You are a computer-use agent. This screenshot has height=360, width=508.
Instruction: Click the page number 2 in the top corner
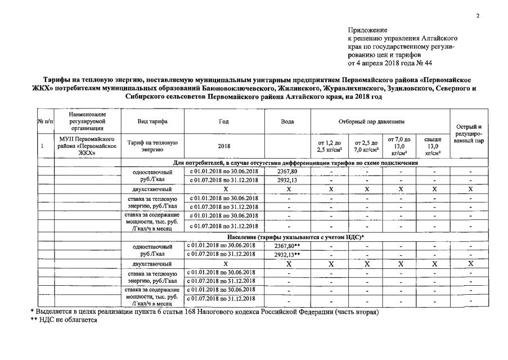point(478,16)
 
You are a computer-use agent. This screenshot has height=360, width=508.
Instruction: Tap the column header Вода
point(287,121)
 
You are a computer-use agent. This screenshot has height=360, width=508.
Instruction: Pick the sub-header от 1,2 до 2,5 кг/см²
point(330,146)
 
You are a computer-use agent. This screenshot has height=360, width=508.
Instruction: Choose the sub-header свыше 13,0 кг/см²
point(433,146)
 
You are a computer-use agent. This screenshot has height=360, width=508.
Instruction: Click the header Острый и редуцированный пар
point(470,133)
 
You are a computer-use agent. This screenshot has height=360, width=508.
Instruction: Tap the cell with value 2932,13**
point(288,254)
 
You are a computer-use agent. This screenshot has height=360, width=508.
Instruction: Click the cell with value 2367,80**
point(288,246)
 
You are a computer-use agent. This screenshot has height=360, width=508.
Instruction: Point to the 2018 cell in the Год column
point(224,146)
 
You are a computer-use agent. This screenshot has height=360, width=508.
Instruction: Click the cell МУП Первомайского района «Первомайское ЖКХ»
point(87,146)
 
